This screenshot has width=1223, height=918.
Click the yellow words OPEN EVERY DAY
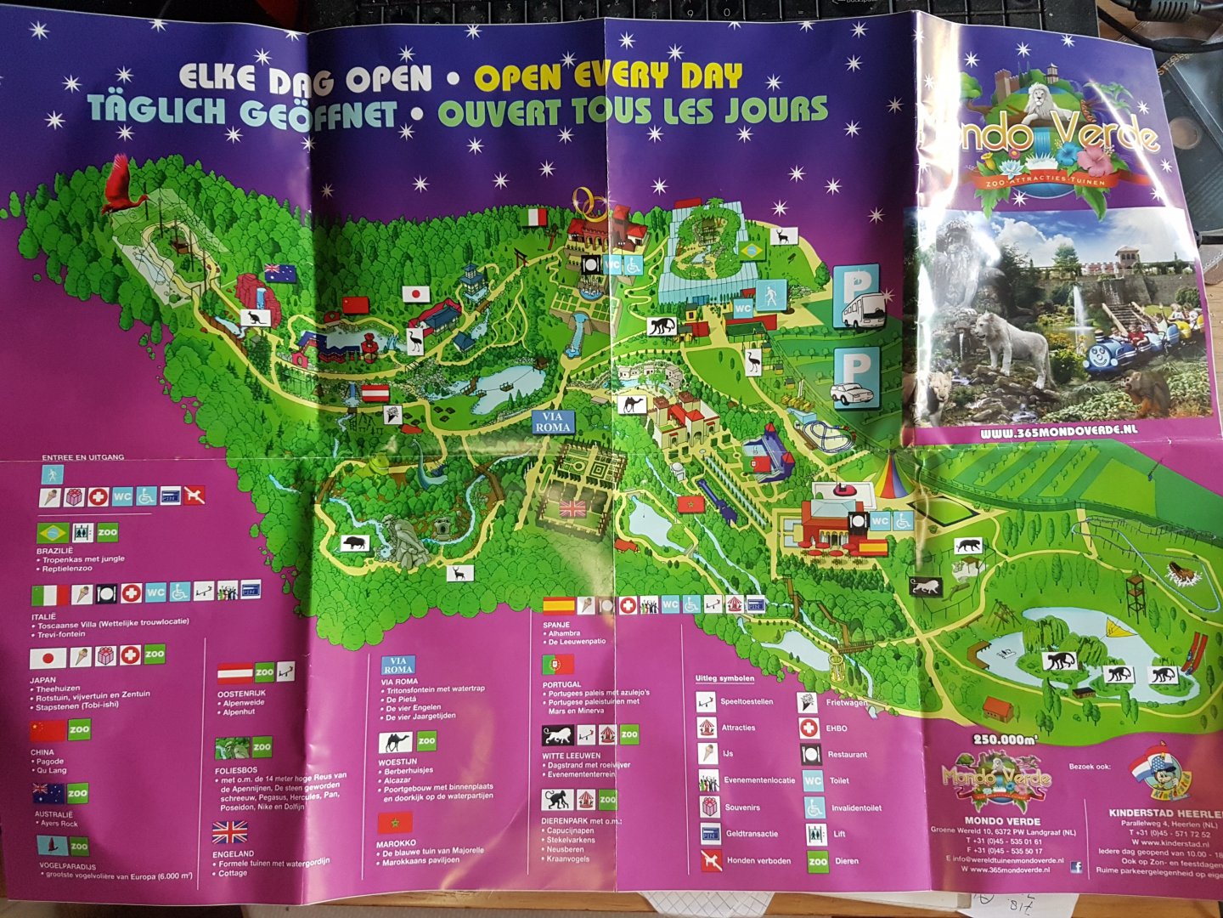tap(608, 77)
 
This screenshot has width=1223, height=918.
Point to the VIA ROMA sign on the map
tap(553, 422)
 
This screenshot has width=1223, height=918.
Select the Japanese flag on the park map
tap(415, 294)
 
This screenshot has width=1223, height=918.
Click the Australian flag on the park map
tap(279, 273)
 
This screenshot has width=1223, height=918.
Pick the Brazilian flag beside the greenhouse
tap(750, 251)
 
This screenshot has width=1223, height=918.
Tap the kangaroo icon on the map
tap(255, 318)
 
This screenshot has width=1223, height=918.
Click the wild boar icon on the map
tap(354, 542)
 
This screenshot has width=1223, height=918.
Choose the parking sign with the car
tap(854, 379)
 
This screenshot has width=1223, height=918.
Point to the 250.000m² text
tap(1005, 739)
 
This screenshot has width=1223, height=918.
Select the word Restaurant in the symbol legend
tap(847, 755)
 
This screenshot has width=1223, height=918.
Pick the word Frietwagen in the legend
tap(847, 702)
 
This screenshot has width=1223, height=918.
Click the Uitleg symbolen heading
tap(724, 678)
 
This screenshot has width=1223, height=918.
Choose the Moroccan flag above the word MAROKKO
tap(394, 823)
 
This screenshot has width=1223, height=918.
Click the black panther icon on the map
tap(968, 546)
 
